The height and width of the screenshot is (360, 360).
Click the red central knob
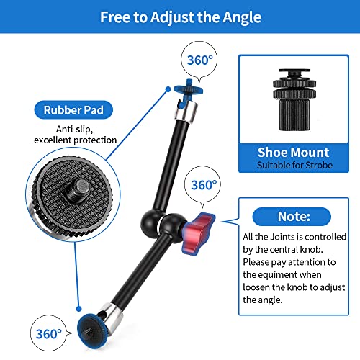point(198,234)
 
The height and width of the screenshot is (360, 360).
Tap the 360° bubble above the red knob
point(203,184)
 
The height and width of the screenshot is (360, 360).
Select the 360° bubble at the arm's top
point(199,60)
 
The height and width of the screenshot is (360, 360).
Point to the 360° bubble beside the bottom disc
point(48,333)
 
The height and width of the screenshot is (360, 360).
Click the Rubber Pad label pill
point(73,110)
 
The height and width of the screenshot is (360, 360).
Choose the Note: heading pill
point(292,217)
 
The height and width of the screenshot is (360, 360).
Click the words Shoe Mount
point(293,153)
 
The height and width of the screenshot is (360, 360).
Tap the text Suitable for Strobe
point(294,165)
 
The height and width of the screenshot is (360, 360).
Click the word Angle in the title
point(242,17)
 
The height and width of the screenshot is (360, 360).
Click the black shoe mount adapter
point(294,100)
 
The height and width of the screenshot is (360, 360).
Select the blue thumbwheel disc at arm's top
point(188,89)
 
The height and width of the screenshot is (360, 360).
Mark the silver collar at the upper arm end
point(186,112)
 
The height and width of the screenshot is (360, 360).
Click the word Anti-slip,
point(74,130)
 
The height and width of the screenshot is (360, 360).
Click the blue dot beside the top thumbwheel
point(168,89)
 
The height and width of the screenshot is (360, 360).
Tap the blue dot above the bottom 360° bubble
point(78,309)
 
